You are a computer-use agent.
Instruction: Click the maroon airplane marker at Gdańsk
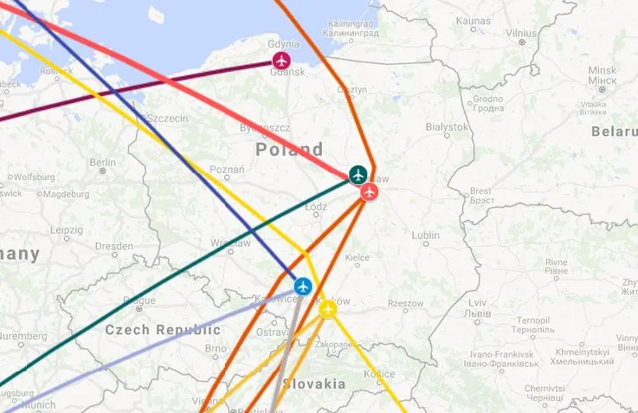click(x=281, y=61)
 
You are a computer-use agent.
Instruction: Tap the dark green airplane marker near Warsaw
click(x=358, y=174)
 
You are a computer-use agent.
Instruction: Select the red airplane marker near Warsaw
click(x=370, y=191)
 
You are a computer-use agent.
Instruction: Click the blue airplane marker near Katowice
click(x=302, y=286)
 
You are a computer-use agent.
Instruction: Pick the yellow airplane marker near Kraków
click(x=327, y=309)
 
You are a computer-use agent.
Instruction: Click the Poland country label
click(x=289, y=149)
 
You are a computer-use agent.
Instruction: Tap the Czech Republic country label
click(x=163, y=330)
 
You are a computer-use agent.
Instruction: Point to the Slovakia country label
click(x=314, y=384)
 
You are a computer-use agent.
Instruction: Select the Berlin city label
click(x=102, y=162)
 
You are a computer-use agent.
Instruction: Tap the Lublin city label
click(x=425, y=235)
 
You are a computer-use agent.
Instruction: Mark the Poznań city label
click(x=227, y=170)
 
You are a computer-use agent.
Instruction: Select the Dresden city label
click(x=114, y=246)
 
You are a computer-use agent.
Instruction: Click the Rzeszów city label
click(x=406, y=303)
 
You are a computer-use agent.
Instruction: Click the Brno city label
click(x=216, y=349)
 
